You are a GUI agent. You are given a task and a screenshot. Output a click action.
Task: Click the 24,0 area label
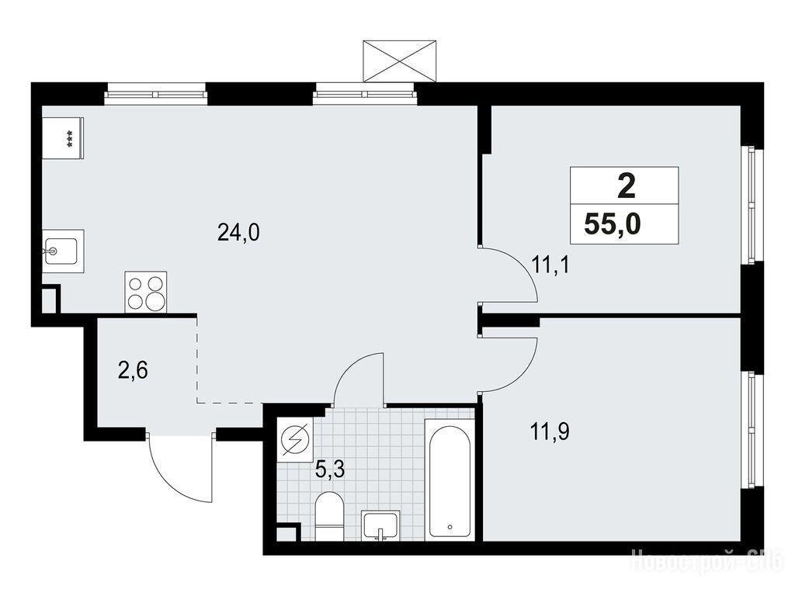coord(238,233)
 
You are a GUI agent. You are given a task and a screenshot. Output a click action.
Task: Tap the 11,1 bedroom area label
coord(550,265)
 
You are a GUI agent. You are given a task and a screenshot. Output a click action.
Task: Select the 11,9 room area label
coord(550,432)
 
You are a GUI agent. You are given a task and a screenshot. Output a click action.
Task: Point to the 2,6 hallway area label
coord(133,372)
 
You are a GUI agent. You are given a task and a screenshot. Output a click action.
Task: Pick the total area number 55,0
coord(613,223)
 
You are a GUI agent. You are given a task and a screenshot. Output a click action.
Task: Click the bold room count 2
coord(627,187)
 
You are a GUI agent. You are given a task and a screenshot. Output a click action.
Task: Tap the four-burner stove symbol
coord(146,292)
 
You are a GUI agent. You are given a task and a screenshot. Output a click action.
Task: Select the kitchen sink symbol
coord(63,251)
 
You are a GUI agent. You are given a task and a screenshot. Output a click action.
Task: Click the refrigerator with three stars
coord(63,138)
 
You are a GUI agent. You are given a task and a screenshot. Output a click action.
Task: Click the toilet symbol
coord(329,516)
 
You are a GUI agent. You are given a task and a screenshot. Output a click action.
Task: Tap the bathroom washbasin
coord(380,525)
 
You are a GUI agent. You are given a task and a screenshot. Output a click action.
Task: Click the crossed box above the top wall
coord(400,61)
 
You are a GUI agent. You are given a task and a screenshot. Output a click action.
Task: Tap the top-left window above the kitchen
coord(155,94)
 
